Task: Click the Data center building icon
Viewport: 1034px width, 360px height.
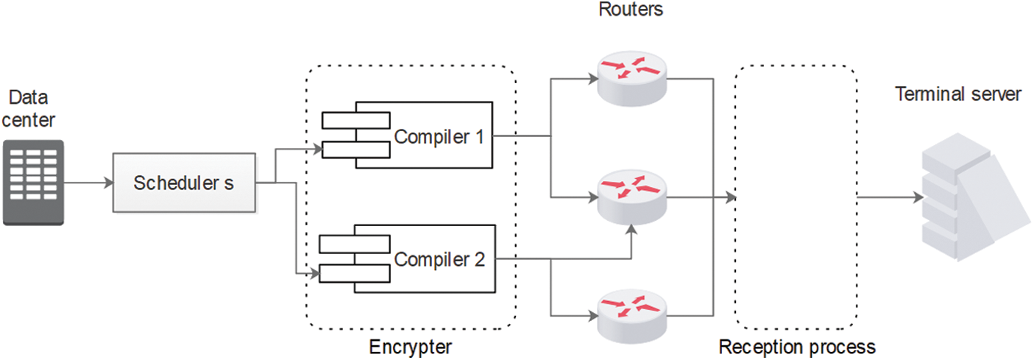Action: (x=33, y=182)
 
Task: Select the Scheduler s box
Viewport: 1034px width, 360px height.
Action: (x=183, y=183)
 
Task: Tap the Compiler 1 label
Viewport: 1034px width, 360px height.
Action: (x=439, y=136)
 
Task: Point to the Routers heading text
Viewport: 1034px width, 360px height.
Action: (x=631, y=10)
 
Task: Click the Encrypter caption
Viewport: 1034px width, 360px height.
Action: (x=410, y=347)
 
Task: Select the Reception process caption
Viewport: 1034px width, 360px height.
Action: (x=797, y=347)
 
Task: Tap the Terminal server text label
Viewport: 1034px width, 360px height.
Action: (x=957, y=93)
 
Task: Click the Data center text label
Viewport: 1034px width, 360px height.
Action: (x=34, y=107)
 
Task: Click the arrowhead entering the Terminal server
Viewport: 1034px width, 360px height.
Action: (x=918, y=197)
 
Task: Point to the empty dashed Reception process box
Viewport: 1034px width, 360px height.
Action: (x=796, y=197)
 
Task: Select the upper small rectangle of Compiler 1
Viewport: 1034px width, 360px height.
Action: (x=356, y=120)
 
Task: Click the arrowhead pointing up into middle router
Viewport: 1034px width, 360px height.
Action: (x=631, y=230)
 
